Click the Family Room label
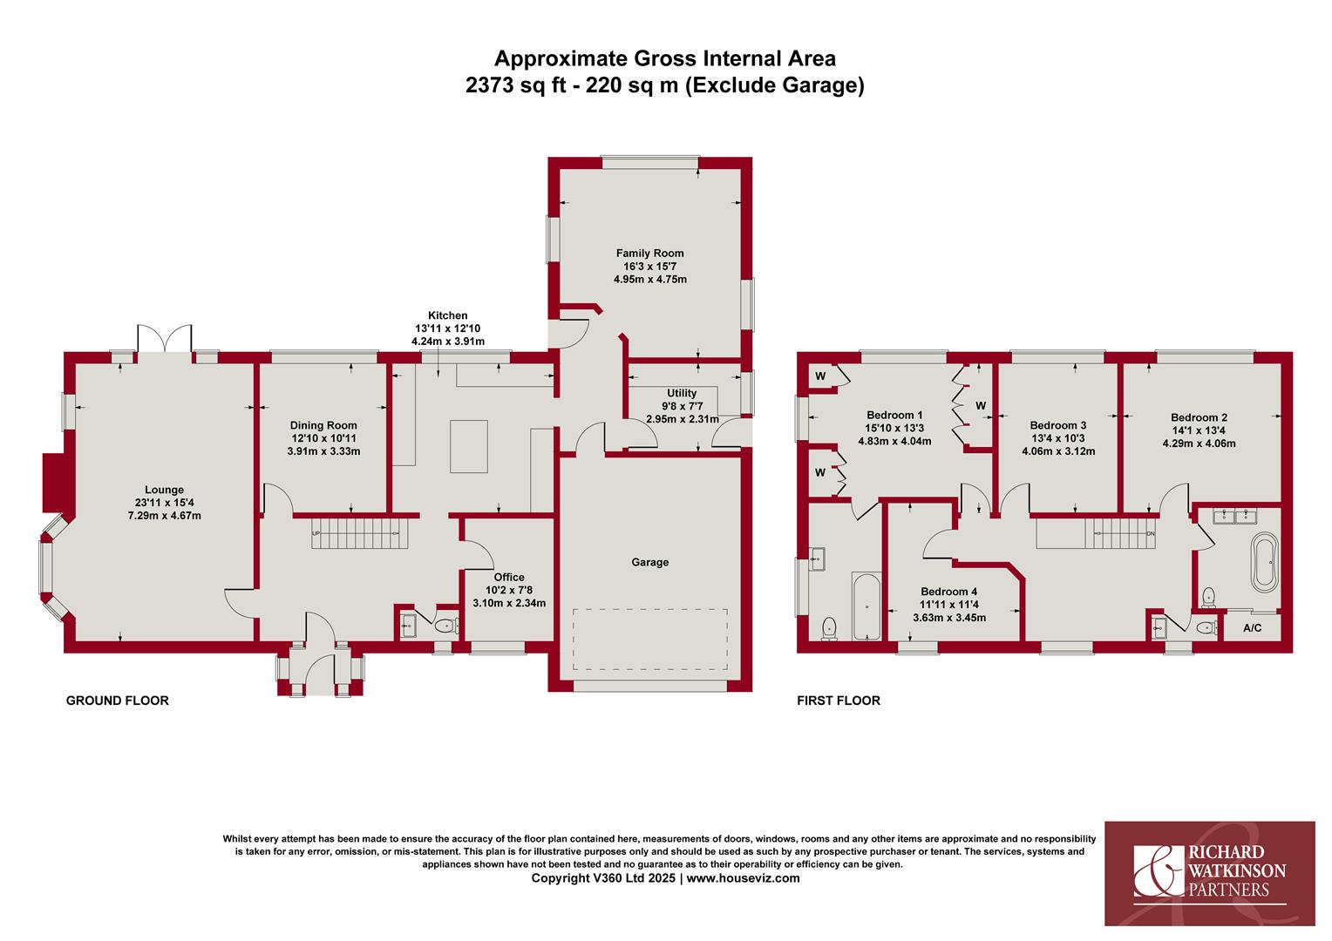649,254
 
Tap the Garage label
649,562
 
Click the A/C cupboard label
1252,628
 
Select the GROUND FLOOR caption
117,701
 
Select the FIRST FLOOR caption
838,701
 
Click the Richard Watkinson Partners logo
1210,872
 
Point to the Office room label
509,577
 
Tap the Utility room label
682,394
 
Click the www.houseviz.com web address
743,878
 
